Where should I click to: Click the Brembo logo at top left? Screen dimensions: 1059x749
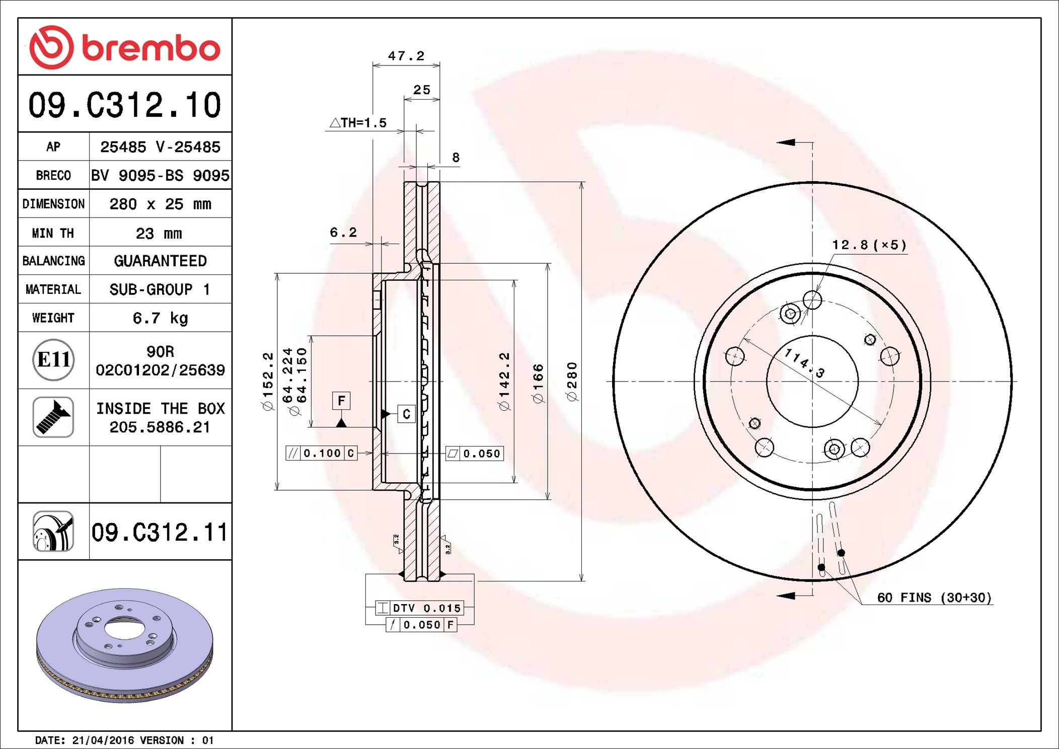click(125, 47)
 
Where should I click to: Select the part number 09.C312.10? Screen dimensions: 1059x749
click(125, 105)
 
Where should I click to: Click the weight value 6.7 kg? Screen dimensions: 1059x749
click(160, 318)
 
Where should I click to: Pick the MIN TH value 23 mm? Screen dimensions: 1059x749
click(159, 233)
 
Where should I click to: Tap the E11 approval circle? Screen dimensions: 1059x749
click(53, 359)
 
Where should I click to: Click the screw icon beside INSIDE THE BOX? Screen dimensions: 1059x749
click(53, 417)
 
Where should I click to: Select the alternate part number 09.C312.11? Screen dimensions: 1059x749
click(159, 532)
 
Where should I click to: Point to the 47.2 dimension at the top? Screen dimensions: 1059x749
click(406, 55)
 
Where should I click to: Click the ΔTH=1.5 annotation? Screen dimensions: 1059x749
click(358, 122)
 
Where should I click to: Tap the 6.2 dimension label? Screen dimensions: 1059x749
click(343, 232)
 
